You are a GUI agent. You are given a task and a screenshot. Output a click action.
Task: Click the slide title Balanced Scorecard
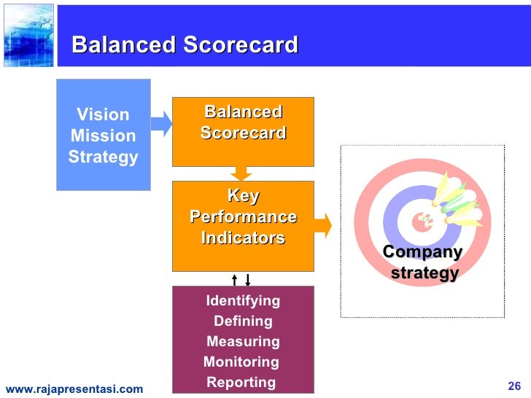click(x=185, y=45)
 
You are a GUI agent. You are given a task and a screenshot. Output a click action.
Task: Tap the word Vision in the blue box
click(x=103, y=114)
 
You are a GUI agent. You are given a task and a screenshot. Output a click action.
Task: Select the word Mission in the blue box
click(x=103, y=136)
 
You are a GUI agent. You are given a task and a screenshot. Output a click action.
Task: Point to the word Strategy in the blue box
click(x=103, y=157)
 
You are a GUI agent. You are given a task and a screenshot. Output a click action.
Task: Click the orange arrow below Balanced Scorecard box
click(x=241, y=173)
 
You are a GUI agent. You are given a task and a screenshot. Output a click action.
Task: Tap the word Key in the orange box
click(x=243, y=196)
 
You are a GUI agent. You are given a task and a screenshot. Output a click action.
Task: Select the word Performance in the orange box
click(x=243, y=217)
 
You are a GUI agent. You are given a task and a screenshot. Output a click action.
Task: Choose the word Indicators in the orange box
click(x=243, y=238)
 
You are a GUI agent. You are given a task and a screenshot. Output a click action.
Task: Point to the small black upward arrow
click(x=234, y=279)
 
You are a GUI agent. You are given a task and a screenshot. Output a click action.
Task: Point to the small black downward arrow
click(x=248, y=279)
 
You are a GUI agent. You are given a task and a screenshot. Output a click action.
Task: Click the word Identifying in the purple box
click(x=243, y=301)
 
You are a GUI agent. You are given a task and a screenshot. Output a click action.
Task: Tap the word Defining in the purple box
click(x=243, y=321)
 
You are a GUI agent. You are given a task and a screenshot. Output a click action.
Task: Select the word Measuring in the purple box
click(x=243, y=342)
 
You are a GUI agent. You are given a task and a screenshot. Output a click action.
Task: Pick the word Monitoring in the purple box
click(x=241, y=362)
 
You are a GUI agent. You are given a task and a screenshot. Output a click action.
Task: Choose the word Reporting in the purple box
click(x=241, y=383)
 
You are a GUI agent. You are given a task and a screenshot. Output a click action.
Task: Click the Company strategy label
click(x=423, y=263)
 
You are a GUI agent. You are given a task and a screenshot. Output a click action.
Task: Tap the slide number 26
click(x=513, y=386)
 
